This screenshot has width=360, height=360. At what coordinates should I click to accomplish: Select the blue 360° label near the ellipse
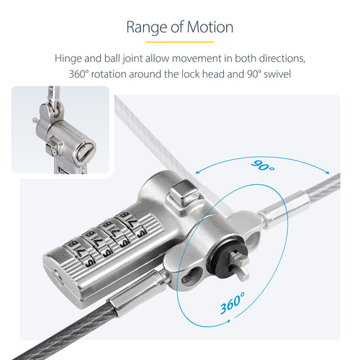coord(233,302)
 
